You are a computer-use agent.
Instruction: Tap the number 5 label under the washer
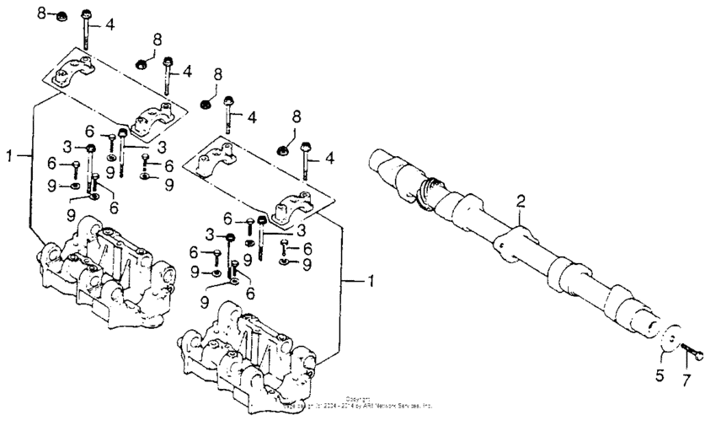660,374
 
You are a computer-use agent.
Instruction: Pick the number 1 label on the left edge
10,155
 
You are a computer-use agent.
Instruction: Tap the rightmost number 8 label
297,115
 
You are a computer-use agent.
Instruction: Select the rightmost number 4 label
329,158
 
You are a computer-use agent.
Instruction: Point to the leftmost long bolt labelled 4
87,34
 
